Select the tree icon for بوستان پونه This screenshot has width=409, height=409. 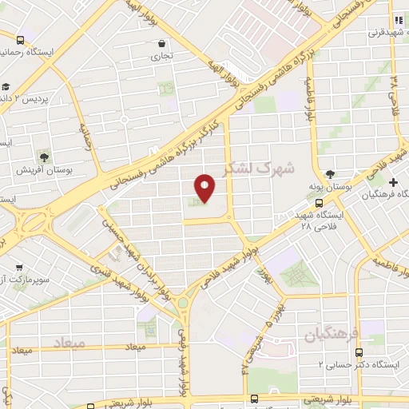coord(330,174)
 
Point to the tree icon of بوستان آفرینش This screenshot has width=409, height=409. coord(44,156)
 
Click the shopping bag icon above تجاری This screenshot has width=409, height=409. coord(162,44)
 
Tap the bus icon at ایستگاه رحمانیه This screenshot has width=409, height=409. coord(20,38)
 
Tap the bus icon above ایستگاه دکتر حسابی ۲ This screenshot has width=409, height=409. coord(359,351)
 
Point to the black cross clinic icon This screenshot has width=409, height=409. coord(392,182)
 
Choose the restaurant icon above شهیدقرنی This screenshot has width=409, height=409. coord(397,20)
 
